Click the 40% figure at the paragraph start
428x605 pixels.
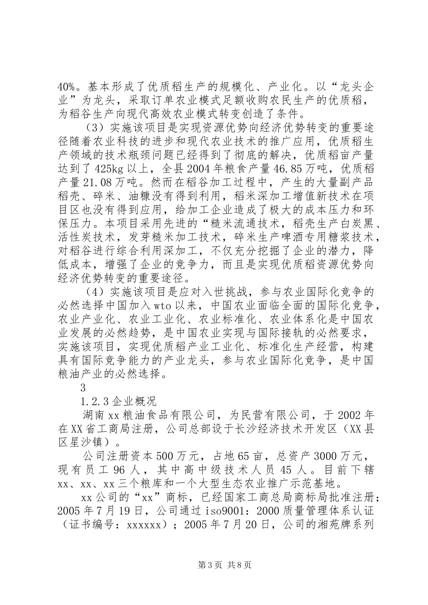pyautogui.click(x=66, y=86)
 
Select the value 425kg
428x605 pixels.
pyautogui.click(x=111, y=169)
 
